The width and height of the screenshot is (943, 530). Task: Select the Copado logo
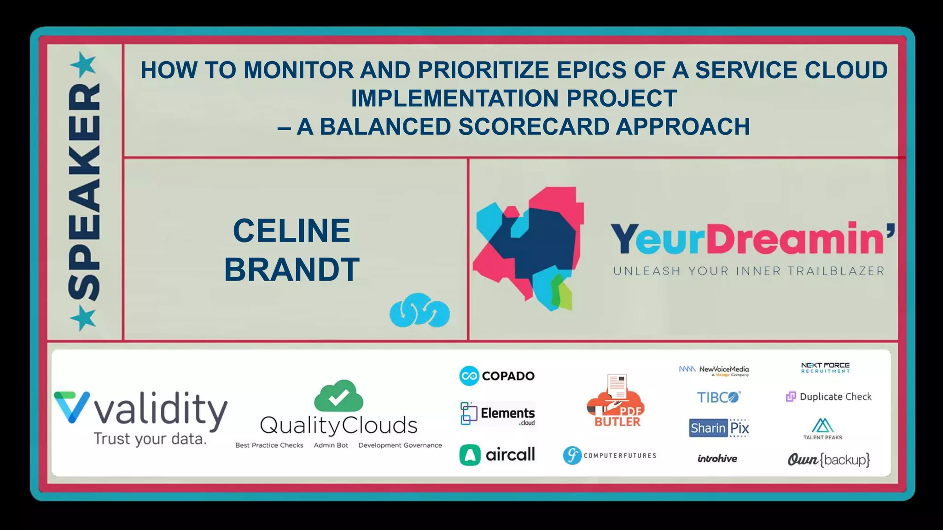pyautogui.click(x=497, y=376)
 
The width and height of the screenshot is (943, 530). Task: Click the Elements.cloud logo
pyautogui.click(x=497, y=414)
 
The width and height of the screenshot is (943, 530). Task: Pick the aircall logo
pyautogui.click(x=497, y=455)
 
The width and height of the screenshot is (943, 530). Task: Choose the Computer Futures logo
pyautogui.click(x=609, y=455)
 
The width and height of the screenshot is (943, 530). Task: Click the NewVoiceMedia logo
pyautogui.click(x=714, y=370)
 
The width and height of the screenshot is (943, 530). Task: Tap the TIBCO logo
pyautogui.click(x=718, y=397)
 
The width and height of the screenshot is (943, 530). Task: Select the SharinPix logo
pyautogui.click(x=719, y=428)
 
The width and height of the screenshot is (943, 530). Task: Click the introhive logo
pyautogui.click(x=717, y=459)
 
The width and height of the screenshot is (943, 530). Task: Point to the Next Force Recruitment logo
pyautogui.click(x=825, y=368)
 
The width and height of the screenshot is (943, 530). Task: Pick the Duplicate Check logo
pyautogui.click(x=828, y=397)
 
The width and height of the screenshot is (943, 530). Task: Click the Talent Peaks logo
pyautogui.click(x=823, y=429)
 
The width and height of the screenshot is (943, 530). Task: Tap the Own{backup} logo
pyautogui.click(x=828, y=460)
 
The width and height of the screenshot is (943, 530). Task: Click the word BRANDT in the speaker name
pyautogui.click(x=291, y=270)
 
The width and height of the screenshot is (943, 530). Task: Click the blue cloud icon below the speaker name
pyautogui.click(x=419, y=311)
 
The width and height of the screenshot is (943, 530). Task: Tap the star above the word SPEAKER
pyautogui.click(x=83, y=64)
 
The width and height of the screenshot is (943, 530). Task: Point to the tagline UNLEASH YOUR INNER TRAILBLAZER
pyautogui.click(x=749, y=271)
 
